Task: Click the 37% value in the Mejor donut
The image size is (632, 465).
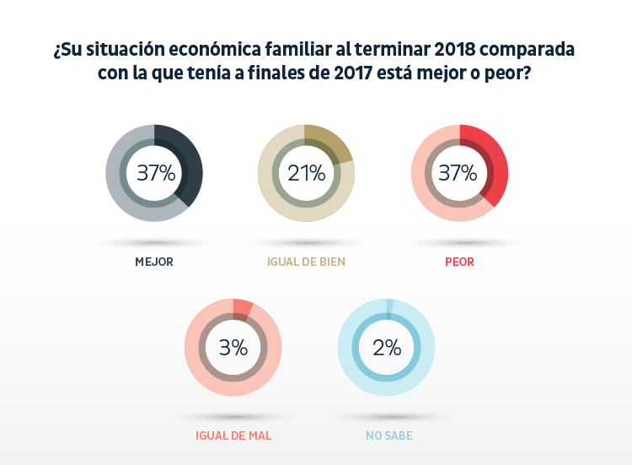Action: pyautogui.click(x=156, y=173)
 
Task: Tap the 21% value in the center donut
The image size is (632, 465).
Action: pyautogui.click(x=306, y=173)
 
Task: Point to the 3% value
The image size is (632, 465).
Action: pyautogui.click(x=233, y=347)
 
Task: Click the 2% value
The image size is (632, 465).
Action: pyautogui.click(x=386, y=347)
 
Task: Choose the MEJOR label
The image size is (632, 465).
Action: pyautogui.click(x=154, y=262)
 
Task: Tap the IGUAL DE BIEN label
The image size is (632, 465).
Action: pyautogui.click(x=306, y=262)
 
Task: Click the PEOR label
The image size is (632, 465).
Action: pyautogui.click(x=459, y=262)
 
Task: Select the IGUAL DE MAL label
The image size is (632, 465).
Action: pyautogui.click(x=233, y=436)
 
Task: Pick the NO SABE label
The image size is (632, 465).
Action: pyautogui.click(x=388, y=436)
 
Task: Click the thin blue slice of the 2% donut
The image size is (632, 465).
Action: pyautogui.click(x=389, y=305)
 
